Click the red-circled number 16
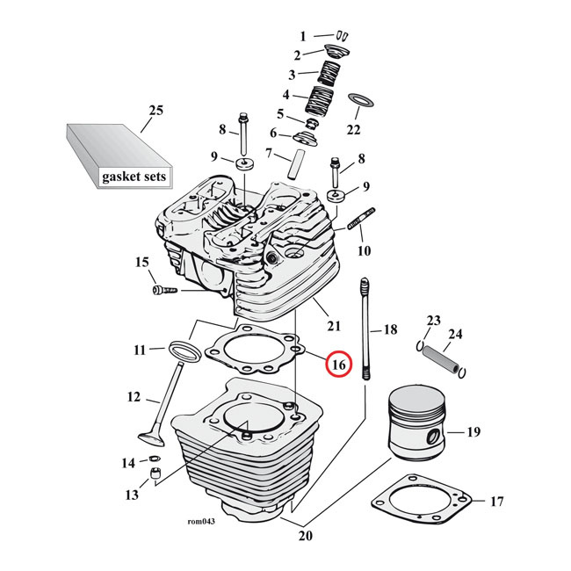339,363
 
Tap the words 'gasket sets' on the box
134,177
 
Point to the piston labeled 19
419,426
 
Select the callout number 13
132,495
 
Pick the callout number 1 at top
303,37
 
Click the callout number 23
432,320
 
